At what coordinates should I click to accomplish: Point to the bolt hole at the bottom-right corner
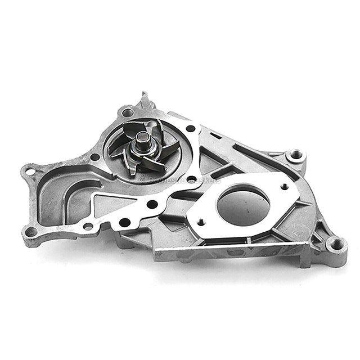click(x=336, y=244)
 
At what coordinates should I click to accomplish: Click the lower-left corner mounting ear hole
click(x=31, y=231)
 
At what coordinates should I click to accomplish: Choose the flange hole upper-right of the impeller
click(x=191, y=128)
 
